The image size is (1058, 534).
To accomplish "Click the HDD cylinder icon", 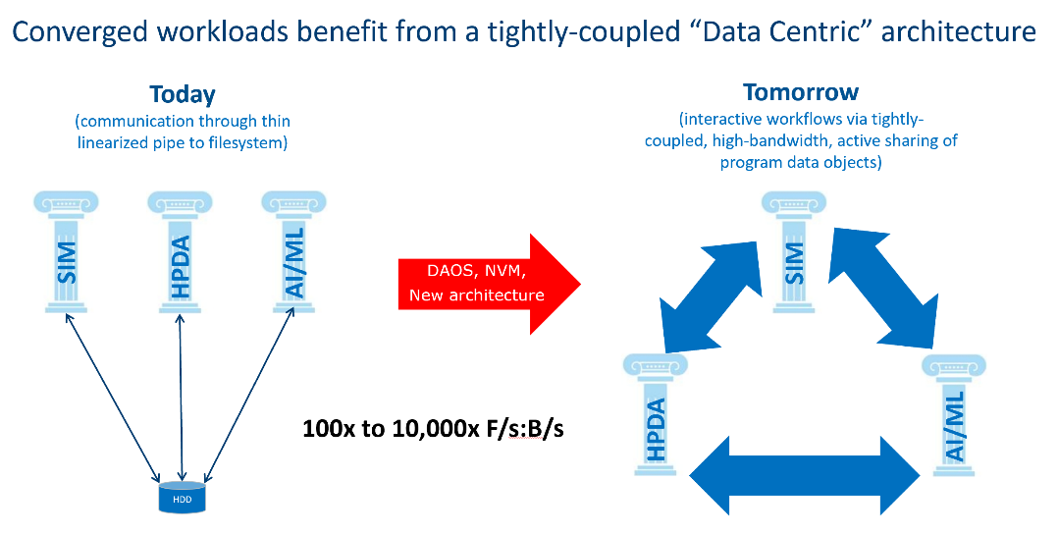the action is [x=182, y=498].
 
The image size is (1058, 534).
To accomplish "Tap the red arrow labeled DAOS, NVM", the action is [x=489, y=285].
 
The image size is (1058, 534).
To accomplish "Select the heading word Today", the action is [x=183, y=94].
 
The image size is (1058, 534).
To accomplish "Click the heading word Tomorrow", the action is [x=801, y=92].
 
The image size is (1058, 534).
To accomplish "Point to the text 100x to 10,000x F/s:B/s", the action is [x=433, y=429].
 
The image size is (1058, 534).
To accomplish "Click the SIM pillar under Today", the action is [x=66, y=252].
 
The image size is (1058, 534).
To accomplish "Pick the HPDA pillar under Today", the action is [x=181, y=252].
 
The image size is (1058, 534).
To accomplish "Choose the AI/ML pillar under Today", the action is [x=294, y=252].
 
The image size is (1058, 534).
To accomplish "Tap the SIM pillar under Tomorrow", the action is [x=793, y=252].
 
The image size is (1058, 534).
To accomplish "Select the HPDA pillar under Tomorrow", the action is [x=656, y=414].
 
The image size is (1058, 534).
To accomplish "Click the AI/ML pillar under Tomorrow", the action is [x=953, y=414].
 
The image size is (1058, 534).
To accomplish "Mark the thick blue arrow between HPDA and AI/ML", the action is [x=805, y=475].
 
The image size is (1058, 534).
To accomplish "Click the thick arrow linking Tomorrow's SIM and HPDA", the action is [x=709, y=296].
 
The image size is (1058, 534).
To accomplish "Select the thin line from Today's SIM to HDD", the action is [x=113, y=396].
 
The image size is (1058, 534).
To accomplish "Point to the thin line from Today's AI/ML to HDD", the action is [x=248, y=395].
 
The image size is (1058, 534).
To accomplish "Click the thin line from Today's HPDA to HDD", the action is [x=181, y=397].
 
